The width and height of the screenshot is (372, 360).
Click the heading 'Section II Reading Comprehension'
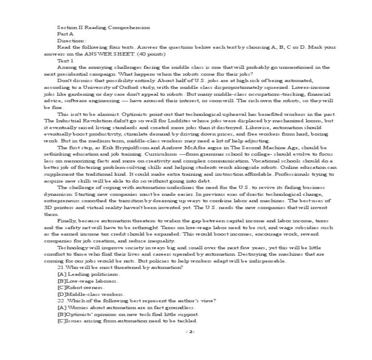(103, 27)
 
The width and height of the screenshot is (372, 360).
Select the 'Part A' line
(65, 34)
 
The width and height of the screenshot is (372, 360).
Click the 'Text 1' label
(65, 61)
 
